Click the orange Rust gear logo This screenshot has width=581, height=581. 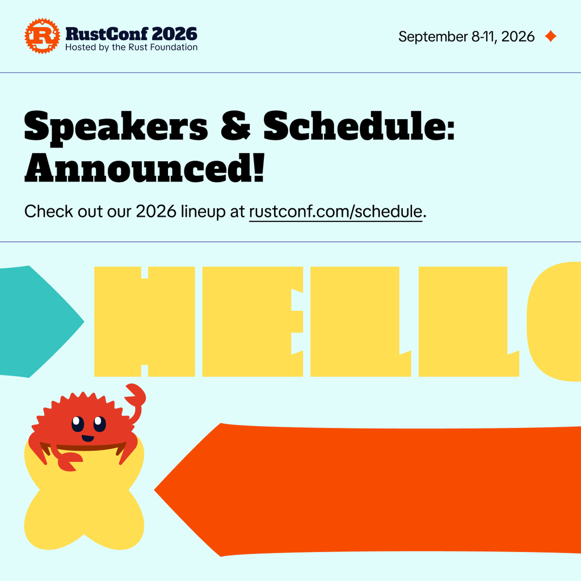click(x=42, y=36)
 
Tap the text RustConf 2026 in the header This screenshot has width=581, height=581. click(x=131, y=34)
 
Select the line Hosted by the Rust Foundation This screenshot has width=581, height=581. click(x=131, y=48)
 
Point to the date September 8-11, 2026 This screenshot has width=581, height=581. click(x=466, y=37)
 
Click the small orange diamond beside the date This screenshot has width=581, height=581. click(x=550, y=36)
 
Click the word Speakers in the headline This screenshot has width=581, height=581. click(x=116, y=127)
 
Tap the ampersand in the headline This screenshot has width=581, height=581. click(x=235, y=125)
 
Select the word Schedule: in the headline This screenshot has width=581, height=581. click(x=359, y=125)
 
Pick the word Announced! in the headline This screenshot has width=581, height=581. click(x=145, y=168)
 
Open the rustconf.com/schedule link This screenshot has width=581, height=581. click(x=335, y=212)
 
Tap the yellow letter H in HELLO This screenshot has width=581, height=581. click(x=145, y=322)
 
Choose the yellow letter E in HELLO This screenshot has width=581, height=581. click(x=252, y=322)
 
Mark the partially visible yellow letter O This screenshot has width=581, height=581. click(x=554, y=322)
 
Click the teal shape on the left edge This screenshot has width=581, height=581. click(x=37, y=322)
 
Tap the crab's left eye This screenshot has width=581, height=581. click(x=77, y=424)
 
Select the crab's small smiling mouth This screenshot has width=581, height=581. click(x=88, y=439)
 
